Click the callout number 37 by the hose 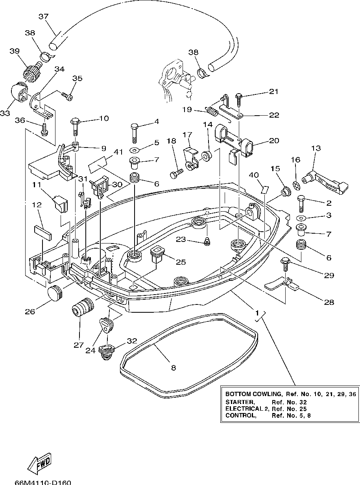(x=43, y=17)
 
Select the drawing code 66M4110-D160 (x=43, y=482)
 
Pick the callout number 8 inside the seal (x=174, y=368)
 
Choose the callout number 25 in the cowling (x=181, y=262)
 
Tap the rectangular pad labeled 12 (x=42, y=232)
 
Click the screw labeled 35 (x=68, y=95)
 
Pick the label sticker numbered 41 (x=98, y=164)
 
